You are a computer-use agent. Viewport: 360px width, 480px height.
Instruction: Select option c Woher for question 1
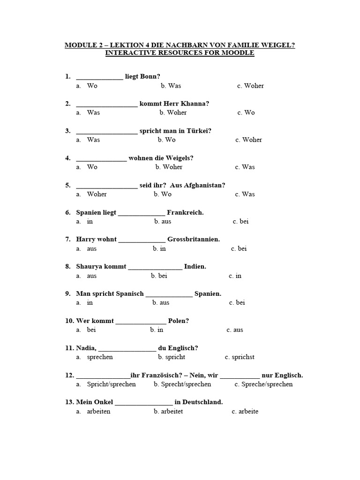click(x=250, y=86)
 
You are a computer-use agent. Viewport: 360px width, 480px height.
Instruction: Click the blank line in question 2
click(x=107, y=106)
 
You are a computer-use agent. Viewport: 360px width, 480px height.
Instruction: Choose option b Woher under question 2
click(x=173, y=112)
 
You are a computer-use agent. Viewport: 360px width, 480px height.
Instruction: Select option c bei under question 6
click(x=240, y=221)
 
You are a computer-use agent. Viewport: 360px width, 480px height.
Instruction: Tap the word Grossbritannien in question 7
click(x=194, y=239)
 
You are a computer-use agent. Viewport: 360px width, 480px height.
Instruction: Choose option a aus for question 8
click(x=86, y=276)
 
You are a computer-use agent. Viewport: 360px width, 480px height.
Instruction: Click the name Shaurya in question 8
click(x=89, y=267)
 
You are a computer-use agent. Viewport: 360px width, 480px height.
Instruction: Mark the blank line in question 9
click(x=169, y=296)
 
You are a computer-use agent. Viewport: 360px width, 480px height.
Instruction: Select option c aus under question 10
click(x=235, y=330)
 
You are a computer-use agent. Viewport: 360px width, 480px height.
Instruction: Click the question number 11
click(x=69, y=348)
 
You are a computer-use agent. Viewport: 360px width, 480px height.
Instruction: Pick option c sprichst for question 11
click(x=240, y=357)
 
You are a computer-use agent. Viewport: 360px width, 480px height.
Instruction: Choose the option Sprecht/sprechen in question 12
click(x=182, y=384)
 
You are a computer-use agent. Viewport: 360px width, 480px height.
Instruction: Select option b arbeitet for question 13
click(x=168, y=412)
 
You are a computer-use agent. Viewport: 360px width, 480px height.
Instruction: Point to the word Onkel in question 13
click(x=104, y=402)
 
